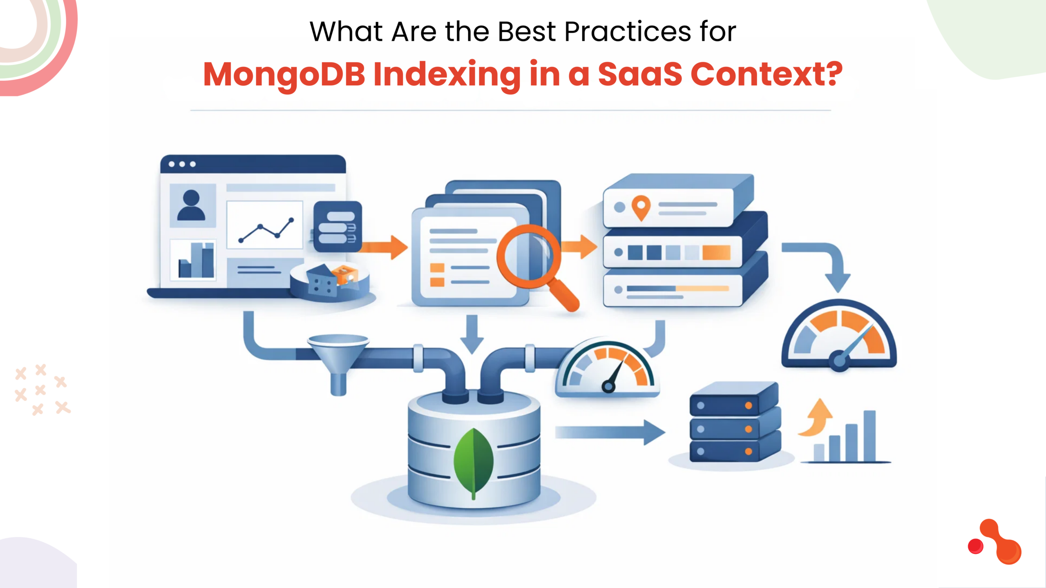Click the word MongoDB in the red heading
click(x=284, y=74)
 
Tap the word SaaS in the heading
click(x=640, y=74)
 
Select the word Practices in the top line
click(x=627, y=31)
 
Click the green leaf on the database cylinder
click(x=474, y=461)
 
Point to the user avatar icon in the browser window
click(x=191, y=205)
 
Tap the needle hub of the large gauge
click(x=839, y=361)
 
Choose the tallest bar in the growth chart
click(x=869, y=436)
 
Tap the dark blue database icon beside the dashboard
click(x=337, y=227)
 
